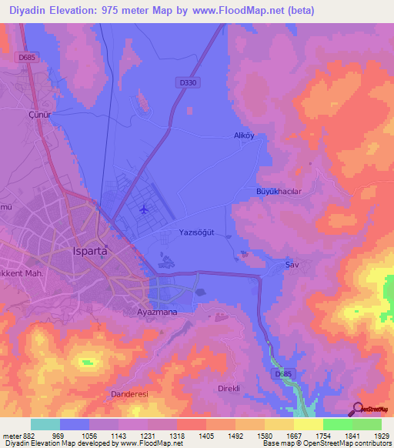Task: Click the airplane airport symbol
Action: pos(144,209)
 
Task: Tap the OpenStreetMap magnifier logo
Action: pos(357,409)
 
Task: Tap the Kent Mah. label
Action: pos(23,273)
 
